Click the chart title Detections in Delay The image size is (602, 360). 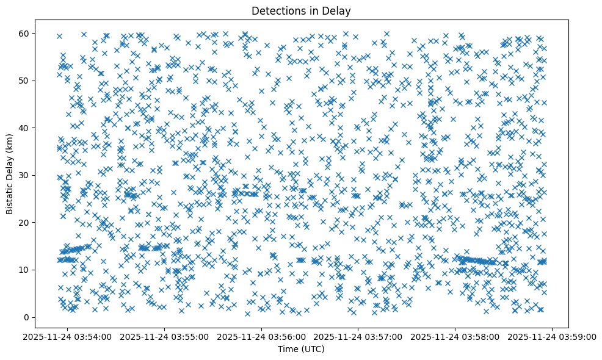click(301, 10)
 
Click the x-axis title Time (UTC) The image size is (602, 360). click(301, 349)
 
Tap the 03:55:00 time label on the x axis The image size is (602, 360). click(165, 336)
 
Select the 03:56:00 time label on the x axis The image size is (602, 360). click(262, 336)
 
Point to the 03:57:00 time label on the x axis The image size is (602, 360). click(359, 336)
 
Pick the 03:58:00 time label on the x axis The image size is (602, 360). click(455, 336)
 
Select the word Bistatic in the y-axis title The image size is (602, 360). click(10, 196)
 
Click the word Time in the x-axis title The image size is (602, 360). click(287, 349)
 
